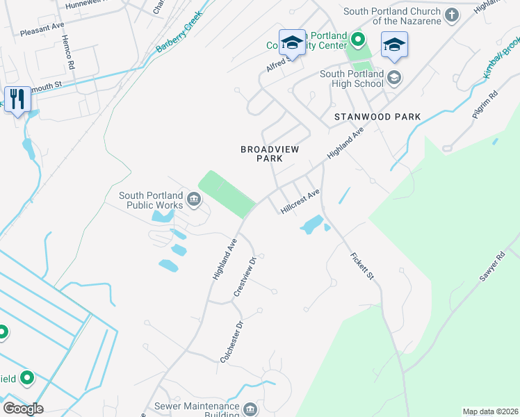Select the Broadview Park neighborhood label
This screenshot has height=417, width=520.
coord(261,154)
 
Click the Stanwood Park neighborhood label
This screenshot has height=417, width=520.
coord(377,117)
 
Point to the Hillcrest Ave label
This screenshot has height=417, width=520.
coord(300,201)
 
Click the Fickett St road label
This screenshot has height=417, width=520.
coord(362,266)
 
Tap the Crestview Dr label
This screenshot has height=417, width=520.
coord(245,276)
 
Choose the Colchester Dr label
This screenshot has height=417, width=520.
coord(231,341)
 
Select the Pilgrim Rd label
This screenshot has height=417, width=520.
coord(485,105)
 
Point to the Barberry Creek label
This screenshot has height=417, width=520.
coord(179,32)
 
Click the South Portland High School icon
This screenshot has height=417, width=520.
coord(395,76)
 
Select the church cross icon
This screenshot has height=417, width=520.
coord(452,15)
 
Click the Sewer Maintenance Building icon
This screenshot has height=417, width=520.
coord(250,408)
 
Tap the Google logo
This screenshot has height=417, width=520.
coord(22,408)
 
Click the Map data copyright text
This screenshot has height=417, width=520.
coord(490,411)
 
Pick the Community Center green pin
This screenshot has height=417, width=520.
coord(357,39)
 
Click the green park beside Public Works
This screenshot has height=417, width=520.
coord(226,193)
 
